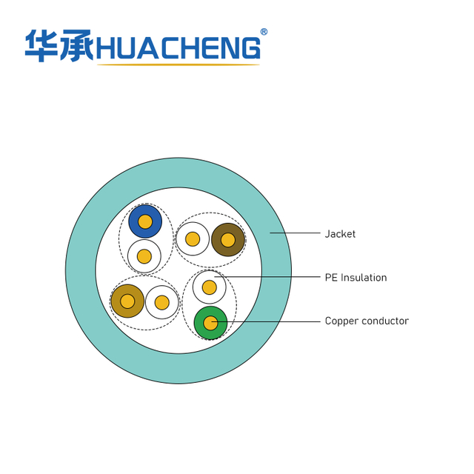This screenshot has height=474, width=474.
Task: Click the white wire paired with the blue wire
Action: click(x=144, y=256)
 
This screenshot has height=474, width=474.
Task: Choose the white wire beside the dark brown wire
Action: click(x=193, y=239)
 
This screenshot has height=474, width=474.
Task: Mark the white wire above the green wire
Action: click(x=210, y=287)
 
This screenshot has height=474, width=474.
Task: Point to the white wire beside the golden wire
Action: click(x=162, y=302)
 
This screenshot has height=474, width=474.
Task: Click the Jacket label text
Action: click(x=340, y=234)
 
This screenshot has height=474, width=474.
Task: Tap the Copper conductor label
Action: click(x=367, y=321)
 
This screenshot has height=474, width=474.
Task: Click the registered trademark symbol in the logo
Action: click(x=264, y=32)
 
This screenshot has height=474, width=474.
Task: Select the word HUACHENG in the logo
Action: click(x=178, y=48)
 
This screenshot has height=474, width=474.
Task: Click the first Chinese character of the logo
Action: click(x=41, y=46)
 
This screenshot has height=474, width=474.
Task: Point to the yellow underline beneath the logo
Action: click(x=178, y=65)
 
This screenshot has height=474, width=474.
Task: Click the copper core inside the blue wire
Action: click(x=145, y=221)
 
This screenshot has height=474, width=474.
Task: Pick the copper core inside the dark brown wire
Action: click(x=228, y=239)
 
